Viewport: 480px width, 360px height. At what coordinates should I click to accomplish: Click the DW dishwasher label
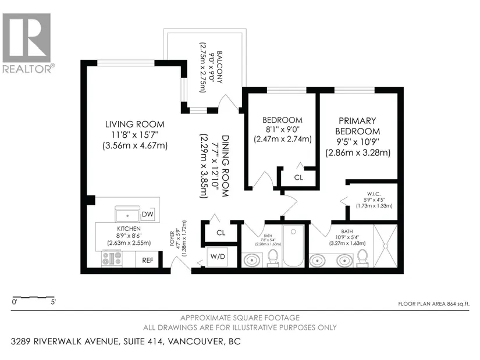(148, 214)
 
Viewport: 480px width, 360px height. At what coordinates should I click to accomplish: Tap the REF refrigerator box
(147, 260)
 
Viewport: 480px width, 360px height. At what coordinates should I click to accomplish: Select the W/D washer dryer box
(218, 256)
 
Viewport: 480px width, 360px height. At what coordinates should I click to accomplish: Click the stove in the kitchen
(112, 258)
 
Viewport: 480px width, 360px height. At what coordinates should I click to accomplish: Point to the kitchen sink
(127, 214)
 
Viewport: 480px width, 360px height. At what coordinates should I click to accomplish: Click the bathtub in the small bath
(293, 246)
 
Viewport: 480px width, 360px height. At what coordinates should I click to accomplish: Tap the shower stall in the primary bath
(385, 246)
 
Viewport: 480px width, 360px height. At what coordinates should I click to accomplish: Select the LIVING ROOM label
(135, 124)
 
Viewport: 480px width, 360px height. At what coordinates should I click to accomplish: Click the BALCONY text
(219, 67)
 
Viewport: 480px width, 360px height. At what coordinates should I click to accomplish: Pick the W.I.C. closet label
(374, 194)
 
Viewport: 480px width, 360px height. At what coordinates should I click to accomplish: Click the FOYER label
(172, 239)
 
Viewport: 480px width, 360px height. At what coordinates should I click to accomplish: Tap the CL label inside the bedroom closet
(298, 177)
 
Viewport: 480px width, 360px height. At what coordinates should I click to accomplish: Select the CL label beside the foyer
(221, 233)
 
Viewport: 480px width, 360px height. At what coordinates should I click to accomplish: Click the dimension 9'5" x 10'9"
(357, 142)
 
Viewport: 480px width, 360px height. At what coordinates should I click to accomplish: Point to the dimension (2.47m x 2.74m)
(283, 139)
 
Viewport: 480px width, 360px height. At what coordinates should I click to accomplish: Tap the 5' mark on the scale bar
(54, 302)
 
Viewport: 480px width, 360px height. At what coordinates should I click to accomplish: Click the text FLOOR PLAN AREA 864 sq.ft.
(433, 304)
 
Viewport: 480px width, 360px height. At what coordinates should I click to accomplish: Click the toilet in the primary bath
(362, 258)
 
